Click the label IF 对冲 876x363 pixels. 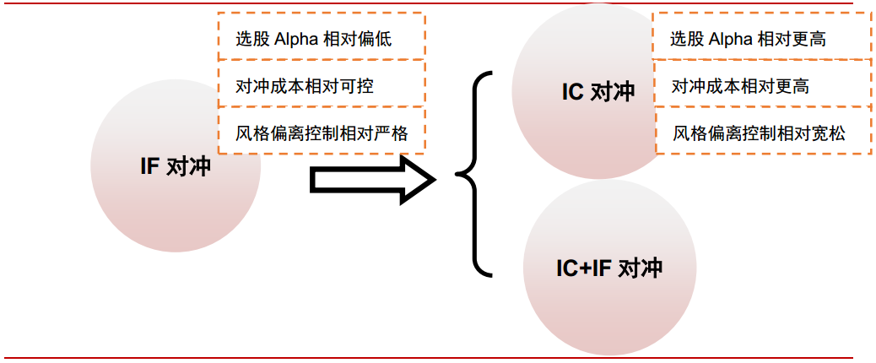tap(175, 166)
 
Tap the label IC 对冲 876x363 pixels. tap(598, 92)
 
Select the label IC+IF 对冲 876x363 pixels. tap(608, 268)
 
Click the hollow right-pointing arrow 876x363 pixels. tap(372, 179)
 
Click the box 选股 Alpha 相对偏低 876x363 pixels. tap(322, 37)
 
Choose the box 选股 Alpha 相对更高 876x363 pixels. tap(762, 38)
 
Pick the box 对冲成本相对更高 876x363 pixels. tap(762, 85)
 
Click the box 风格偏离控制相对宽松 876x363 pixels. tap(762, 133)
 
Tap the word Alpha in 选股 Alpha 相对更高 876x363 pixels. tap(732, 39)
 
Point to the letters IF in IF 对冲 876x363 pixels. tap(149, 166)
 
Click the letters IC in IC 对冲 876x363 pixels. tap(573, 92)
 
